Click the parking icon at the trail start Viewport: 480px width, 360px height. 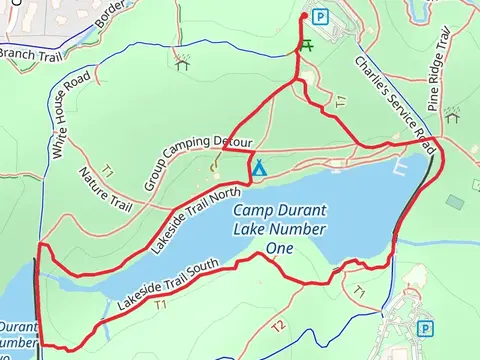pos(320,16)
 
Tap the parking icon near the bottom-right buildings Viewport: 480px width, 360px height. pos(427,328)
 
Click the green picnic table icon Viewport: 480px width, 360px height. pos(306,46)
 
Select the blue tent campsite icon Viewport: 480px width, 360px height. pos(258,167)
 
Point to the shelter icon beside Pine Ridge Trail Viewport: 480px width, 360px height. pos(452,114)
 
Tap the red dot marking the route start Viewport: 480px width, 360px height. pos(304,17)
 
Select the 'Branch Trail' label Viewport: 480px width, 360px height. pos(30,53)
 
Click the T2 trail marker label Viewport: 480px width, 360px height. pos(278,326)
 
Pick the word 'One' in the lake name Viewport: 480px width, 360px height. pos(280,247)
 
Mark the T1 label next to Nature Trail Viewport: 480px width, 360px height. pos(106,172)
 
